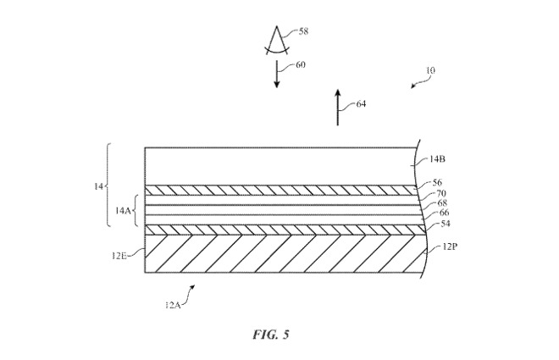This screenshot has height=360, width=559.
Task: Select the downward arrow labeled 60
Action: pyautogui.click(x=277, y=75)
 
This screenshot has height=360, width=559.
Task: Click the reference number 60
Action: pyautogui.click(x=301, y=64)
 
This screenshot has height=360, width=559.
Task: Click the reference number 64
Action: pyautogui.click(x=361, y=104)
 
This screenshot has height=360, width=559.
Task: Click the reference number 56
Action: pyautogui.click(x=437, y=182)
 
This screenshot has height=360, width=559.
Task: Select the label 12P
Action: pyautogui.click(x=448, y=247)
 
